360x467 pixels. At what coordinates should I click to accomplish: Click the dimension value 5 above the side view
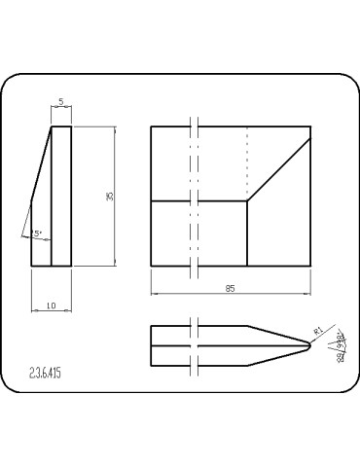[x=61, y=101]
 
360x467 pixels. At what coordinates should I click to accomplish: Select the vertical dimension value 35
[x=110, y=197]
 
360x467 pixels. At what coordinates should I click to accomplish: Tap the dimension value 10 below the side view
[x=51, y=306]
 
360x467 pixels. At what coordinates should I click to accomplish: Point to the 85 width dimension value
[x=230, y=288]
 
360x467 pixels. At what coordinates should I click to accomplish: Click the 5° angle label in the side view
[x=36, y=234]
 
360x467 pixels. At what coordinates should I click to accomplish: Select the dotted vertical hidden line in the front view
[x=248, y=161]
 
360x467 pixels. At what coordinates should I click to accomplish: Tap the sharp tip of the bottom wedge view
[x=309, y=345]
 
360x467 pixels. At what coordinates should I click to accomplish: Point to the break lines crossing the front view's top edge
[x=197, y=126]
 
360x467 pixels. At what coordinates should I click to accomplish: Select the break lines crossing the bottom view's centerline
[x=197, y=345]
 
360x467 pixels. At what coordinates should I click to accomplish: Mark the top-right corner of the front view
[x=311, y=126]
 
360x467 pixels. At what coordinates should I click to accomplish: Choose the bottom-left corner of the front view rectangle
[x=151, y=266]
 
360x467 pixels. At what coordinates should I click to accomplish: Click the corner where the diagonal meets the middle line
[x=248, y=201]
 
